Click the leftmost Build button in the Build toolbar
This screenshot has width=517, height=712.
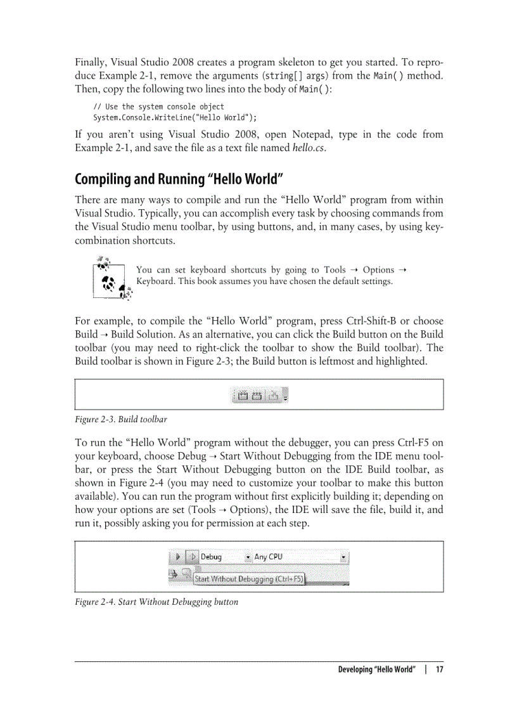243,396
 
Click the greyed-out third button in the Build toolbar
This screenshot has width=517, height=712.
273,396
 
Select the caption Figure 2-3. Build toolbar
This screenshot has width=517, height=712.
120,420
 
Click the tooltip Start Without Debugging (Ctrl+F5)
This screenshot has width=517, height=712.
248,579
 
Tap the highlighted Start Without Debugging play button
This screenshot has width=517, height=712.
194,557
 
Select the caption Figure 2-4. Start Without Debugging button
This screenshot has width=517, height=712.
156,602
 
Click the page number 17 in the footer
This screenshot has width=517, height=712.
438,670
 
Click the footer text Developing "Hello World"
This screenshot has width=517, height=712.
377,670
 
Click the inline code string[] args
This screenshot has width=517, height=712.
287,76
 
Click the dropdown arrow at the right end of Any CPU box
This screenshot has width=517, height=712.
343,557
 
